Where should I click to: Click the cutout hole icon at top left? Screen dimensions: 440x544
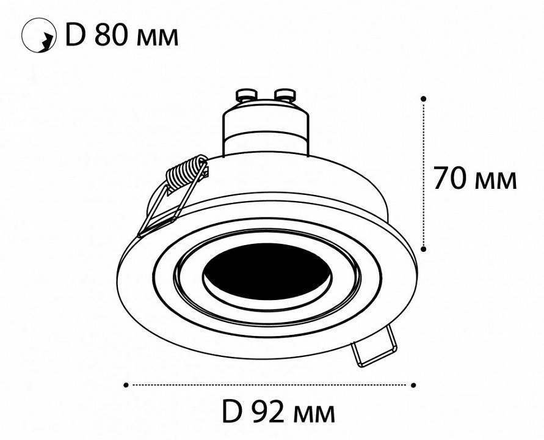pyautogui.click(x=35, y=37)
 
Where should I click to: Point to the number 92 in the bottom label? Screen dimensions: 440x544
pyautogui.click(x=270, y=413)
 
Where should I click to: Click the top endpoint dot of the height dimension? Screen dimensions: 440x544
pyautogui.click(x=424, y=98)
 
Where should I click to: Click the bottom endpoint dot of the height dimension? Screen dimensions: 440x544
pyautogui.click(x=424, y=248)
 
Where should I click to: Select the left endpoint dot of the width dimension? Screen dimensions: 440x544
pyautogui.click(x=126, y=385)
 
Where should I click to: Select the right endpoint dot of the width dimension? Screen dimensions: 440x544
pyautogui.click(x=413, y=385)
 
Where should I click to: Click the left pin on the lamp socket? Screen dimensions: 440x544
pyautogui.click(x=245, y=95)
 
